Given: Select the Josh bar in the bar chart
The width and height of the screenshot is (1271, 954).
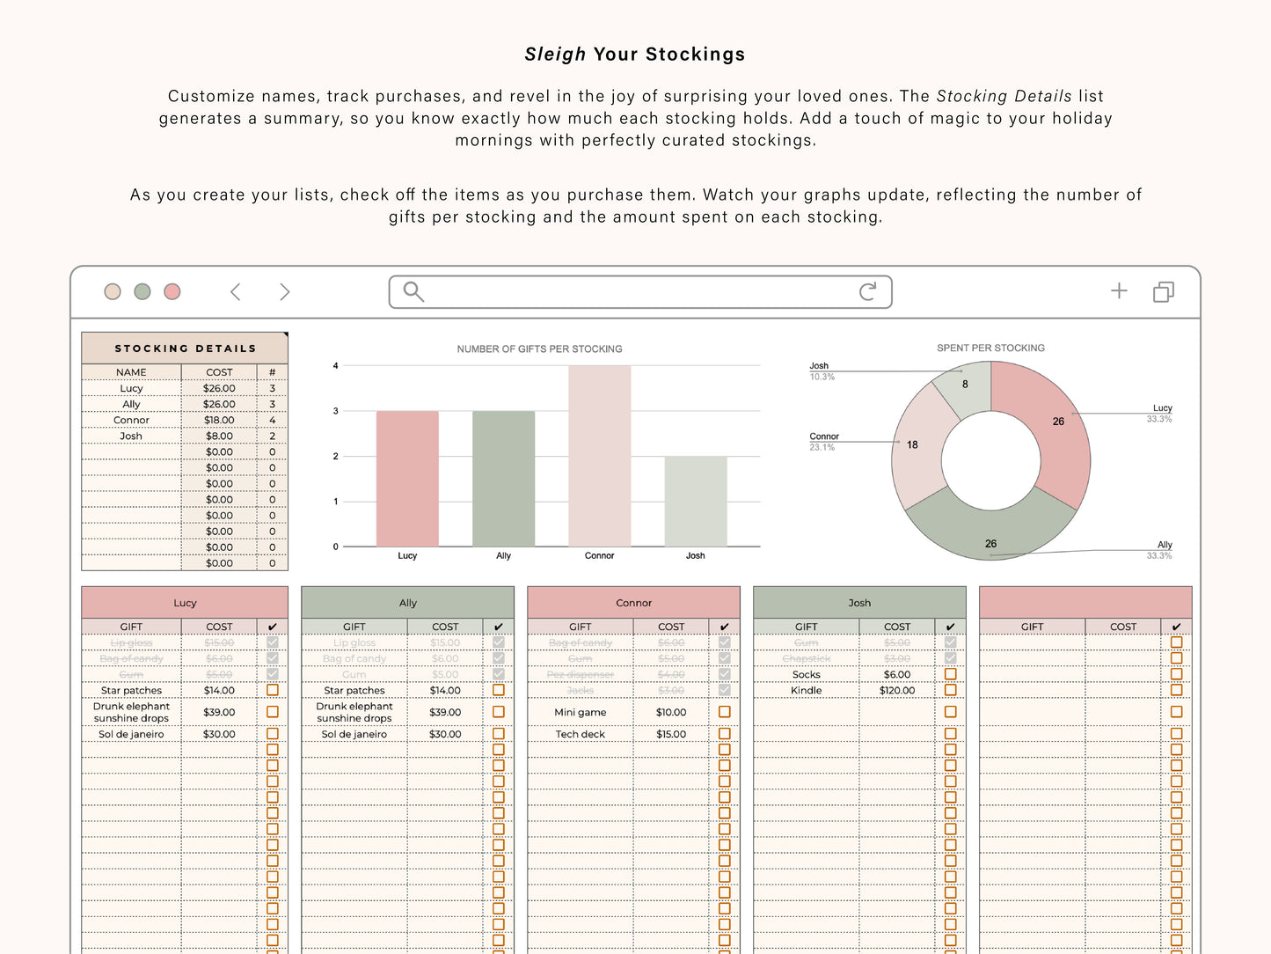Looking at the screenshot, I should coord(695,501).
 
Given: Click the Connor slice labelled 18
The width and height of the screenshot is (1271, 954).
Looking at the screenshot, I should coord(915,445).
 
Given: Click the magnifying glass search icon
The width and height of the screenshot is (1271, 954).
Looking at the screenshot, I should coord(413,291).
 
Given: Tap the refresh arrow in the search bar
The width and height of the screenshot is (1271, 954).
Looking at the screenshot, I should coord(867,291).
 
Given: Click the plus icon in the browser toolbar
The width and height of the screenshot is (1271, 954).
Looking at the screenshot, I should coord(1119,290).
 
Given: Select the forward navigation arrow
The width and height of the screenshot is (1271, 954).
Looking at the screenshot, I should coord(284,291).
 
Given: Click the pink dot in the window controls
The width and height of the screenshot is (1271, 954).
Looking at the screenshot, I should coord(172,291).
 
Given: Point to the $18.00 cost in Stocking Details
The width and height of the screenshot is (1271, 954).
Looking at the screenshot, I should coord(219,421).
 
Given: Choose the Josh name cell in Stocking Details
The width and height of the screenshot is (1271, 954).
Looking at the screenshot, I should coord(131,437).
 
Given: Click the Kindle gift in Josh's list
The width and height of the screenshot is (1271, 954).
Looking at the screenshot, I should coord(806,691).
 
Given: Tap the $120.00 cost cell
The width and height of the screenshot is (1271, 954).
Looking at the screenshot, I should coord(896,691).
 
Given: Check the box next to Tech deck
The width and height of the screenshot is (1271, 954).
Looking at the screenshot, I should coord(725,734).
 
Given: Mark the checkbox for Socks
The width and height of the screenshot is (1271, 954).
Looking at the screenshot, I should coord(950,675).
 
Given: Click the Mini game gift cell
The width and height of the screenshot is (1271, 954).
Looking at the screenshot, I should coord(580,713).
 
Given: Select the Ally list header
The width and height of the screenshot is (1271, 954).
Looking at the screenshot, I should coord(407,603).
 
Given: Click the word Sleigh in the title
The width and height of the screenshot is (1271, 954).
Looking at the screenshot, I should coord(555,55).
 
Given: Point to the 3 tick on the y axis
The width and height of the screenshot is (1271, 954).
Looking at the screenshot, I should coord(335,411).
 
